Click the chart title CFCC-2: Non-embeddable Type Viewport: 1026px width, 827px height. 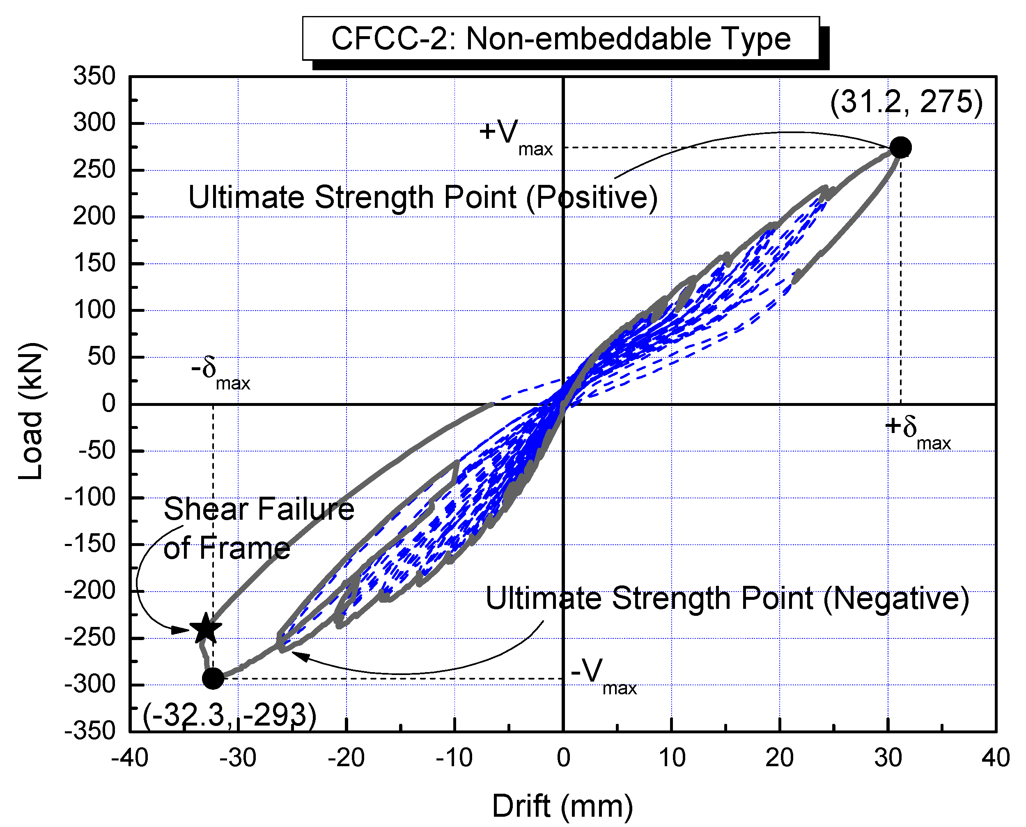pyautogui.click(x=560, y=39)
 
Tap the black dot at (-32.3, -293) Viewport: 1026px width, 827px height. pyautogui.click(x=213, y=678)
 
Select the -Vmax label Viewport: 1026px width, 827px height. pyautogui.click(x=603, y=675)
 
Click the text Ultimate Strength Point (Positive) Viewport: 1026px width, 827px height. pyautogui.click(x=422, y=198)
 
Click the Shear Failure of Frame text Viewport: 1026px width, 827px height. pyautogui.click(x=258, y=529)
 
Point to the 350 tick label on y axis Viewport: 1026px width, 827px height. pyautogui.click(x=94, y=76)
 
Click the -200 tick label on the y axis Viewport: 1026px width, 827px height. pyautogui.click(x=90, y=591)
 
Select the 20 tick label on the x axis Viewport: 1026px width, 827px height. pyautogui.click(x=779, y=758)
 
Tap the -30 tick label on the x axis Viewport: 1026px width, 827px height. pyautogui.click(x=238, y=758)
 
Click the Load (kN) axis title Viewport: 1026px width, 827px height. pyautogui.click(x=32, y=411)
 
